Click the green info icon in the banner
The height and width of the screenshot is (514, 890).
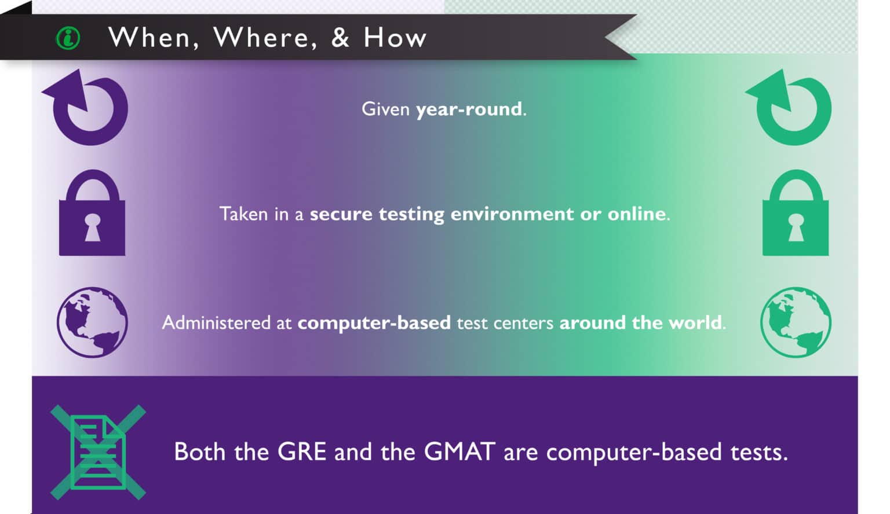68,39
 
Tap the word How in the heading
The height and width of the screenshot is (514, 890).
395,38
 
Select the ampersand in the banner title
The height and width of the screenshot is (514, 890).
340,38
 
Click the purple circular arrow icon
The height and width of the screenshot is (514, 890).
89,108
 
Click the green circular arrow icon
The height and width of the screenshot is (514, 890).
792,108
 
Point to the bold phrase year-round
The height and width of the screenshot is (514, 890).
469,109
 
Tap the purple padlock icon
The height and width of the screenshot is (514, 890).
92,214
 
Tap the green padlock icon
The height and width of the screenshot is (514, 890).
795,214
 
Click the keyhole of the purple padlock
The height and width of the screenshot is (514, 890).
93,226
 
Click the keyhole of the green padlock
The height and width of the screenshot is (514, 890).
796,226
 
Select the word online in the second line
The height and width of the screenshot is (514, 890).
636,214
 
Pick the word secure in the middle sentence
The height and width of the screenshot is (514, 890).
341,214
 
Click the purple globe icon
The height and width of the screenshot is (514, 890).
92,322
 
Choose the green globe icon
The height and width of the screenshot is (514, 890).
795,322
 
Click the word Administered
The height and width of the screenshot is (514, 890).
215,322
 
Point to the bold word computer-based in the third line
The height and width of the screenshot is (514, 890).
374,322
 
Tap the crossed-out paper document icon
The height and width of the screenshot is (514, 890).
98,452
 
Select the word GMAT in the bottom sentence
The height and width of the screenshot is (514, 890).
459,452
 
